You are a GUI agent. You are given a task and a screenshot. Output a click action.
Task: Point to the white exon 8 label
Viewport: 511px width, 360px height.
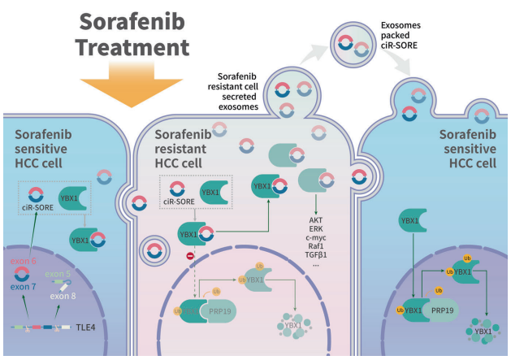click(x=65, y=296)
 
